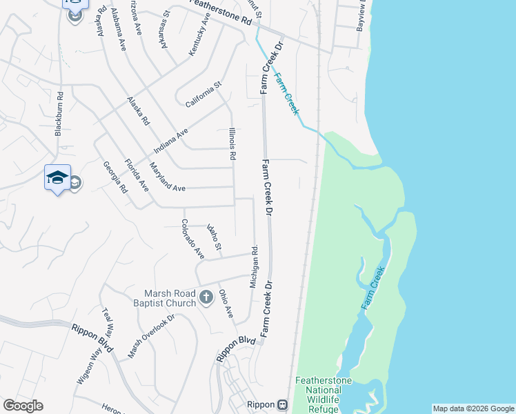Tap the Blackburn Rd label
coord(59,114)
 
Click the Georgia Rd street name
coord(115,177)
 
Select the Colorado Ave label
coord(193,239)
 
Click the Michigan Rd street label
coord(254,267)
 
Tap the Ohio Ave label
coord(226,303)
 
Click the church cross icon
coord(206,297)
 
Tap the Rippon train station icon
coord(281,404)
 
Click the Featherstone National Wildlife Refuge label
coord(324,395)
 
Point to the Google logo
coord(23,406)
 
